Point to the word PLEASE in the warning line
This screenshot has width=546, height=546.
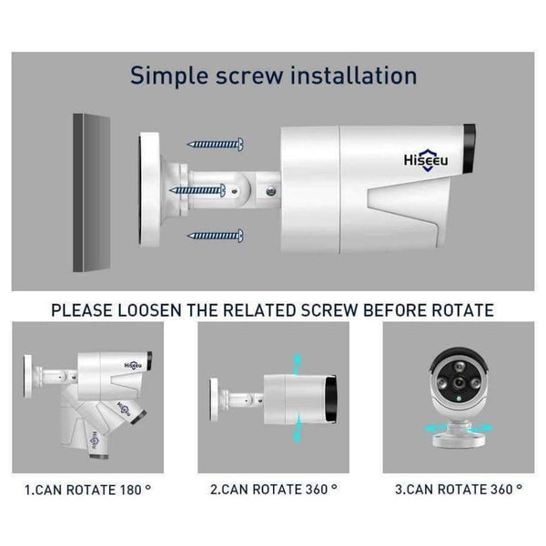[83, 311]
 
